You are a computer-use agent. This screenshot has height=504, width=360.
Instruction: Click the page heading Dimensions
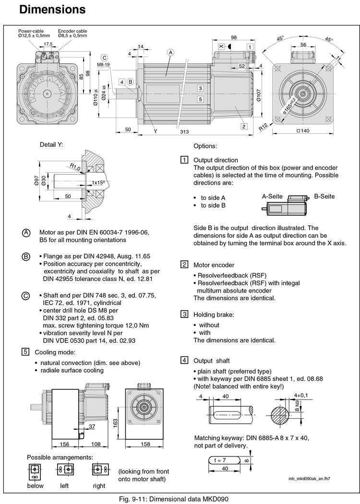click(x=46, y=9)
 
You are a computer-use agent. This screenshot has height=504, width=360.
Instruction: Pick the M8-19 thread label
click(x=104, y=65)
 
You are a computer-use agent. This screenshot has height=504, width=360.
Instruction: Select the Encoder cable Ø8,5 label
click(x=72, y=33)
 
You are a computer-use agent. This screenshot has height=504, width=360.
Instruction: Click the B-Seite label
click(x=324, y=196)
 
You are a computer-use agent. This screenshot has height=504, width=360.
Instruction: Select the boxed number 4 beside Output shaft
click(x=184, y=360)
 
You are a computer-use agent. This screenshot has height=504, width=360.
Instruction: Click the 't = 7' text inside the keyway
click(x=220, y=460)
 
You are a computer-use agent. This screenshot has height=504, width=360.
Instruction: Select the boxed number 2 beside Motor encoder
click(x=184, y=264)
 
